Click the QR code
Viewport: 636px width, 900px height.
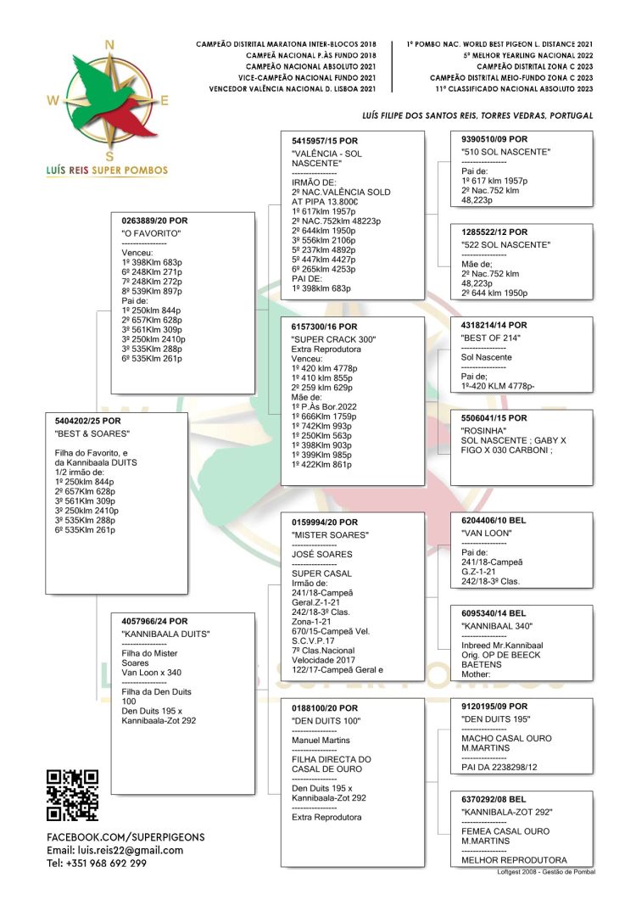[72, 796]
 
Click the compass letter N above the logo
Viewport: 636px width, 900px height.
[109, 45]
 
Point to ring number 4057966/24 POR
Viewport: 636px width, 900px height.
[155, 621]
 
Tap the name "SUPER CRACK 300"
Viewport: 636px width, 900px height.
[333, 339]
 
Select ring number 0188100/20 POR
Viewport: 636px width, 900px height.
[325, 707]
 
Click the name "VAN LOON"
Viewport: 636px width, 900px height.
[486, 533]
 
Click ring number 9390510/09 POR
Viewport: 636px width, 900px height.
[494, 139]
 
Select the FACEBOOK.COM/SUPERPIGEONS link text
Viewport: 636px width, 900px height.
[126, 836]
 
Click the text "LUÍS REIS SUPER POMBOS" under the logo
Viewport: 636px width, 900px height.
[108, 170]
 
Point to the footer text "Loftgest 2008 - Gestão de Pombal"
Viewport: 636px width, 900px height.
[545, 871]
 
